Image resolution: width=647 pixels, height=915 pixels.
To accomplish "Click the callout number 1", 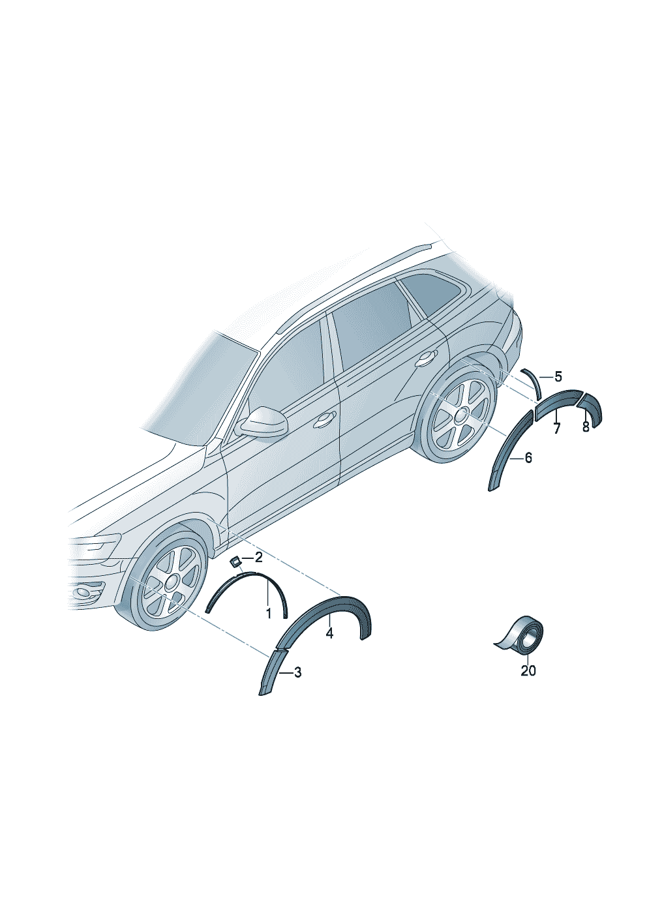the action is click(x=268, y=625).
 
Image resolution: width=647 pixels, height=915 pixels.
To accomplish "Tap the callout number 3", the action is click(x=297, y=672).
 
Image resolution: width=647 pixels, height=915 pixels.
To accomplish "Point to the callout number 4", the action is click(x=329, y=645).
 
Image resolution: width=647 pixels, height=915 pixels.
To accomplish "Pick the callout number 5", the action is click(x=558, y=376).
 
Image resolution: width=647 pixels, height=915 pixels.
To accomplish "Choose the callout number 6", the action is click(x=528, y=458).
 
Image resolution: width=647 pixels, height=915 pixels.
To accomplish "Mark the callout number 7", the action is click(x=557, y=428).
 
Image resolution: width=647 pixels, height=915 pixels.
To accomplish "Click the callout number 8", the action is click(x=586, y=427).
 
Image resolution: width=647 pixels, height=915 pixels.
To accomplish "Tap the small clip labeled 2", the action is click(x=235, y=562).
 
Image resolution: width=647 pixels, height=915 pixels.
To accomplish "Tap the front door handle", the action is click(x=324, y=419).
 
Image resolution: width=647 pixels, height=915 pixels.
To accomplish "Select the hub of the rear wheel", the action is click(x=462, y=413).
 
